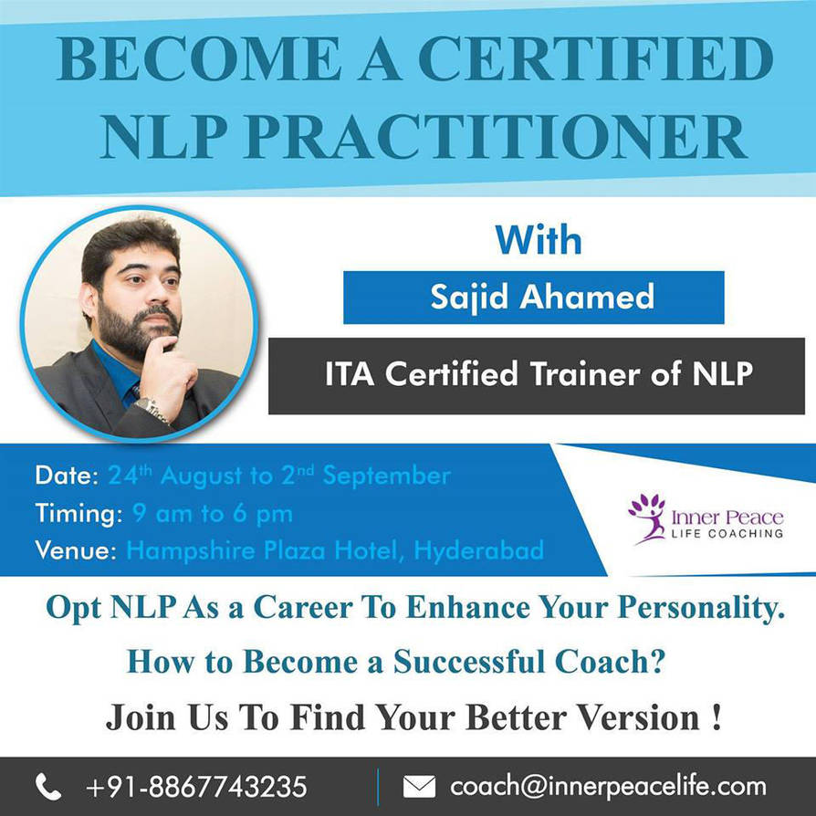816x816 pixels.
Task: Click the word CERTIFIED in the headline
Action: tap(596, 58)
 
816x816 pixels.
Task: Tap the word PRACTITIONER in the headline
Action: tap(496, 136)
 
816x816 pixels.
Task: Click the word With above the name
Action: tap(539, 240)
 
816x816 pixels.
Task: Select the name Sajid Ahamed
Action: tap(542, 298)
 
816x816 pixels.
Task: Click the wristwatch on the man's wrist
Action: tap(152, 408)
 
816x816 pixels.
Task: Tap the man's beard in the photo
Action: tap(136, 328)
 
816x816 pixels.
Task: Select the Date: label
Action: tap(67, 476)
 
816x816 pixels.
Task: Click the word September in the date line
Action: tap(386, 476)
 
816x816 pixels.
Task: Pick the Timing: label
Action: tap(78, 514)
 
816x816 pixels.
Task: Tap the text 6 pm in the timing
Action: tap(263, 514)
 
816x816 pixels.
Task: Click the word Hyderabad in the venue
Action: tap(479, 551)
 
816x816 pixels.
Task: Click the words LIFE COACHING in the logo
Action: tap(727, 533)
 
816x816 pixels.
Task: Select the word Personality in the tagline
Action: tap(701, 608)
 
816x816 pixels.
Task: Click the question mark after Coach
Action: tap(657, 662)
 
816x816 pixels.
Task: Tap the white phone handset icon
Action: tap(48, 787)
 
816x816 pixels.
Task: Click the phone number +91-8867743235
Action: tap(196, 787)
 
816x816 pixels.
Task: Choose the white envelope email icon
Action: tap(419, 787)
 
